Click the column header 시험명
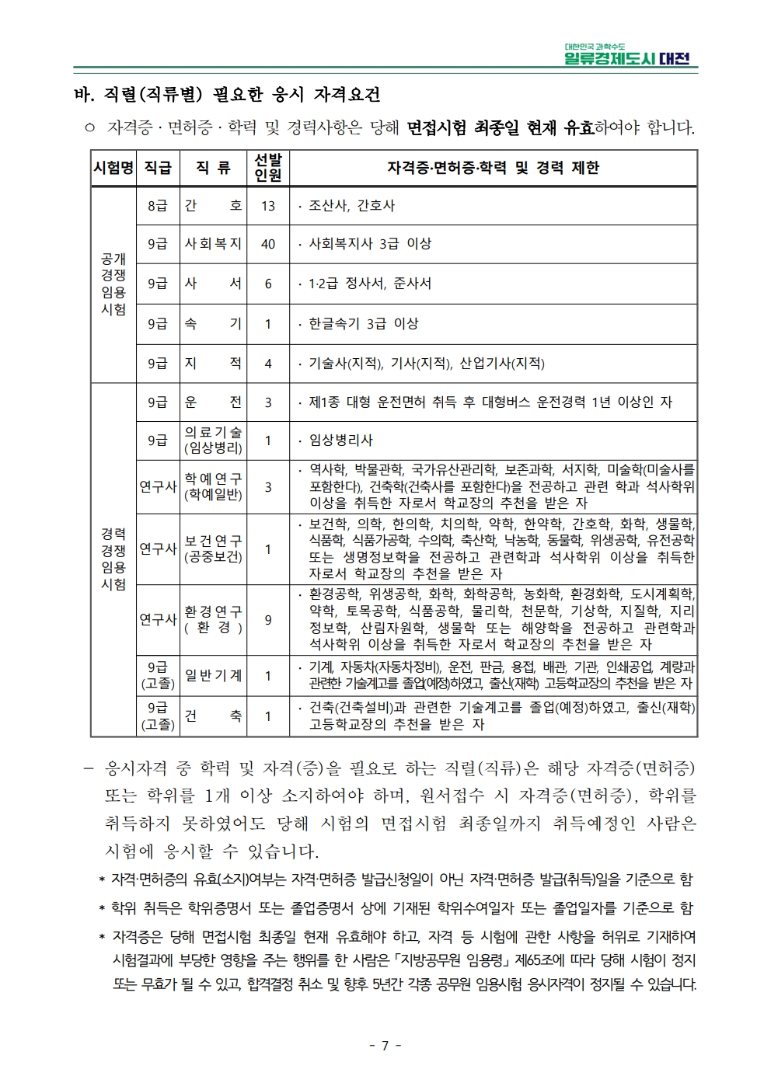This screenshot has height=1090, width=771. (113, 168)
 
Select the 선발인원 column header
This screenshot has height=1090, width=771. (268, 168)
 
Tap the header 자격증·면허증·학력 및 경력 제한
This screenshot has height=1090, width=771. (493, 168)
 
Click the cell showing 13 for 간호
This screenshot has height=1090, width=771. (268, 206)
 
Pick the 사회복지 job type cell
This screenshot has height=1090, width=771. (213, 244)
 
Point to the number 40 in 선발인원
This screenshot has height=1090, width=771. (268, 244)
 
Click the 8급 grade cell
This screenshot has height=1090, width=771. (158, 206)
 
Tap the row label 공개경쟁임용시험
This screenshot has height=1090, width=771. (113, 284)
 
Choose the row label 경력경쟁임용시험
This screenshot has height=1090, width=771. (113, 559)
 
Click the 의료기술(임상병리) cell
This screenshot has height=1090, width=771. (213, 440)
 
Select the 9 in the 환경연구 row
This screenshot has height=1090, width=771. (268, 620)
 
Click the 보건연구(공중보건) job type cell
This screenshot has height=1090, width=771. (213, 548)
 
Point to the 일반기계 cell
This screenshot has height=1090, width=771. (213, 676)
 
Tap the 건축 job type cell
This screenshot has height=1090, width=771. (213, 716)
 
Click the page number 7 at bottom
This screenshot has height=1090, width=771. (385, 1045)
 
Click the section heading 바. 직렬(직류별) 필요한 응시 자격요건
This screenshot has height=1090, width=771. (226, 96)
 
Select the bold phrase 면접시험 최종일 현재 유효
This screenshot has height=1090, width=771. (500, 127)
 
